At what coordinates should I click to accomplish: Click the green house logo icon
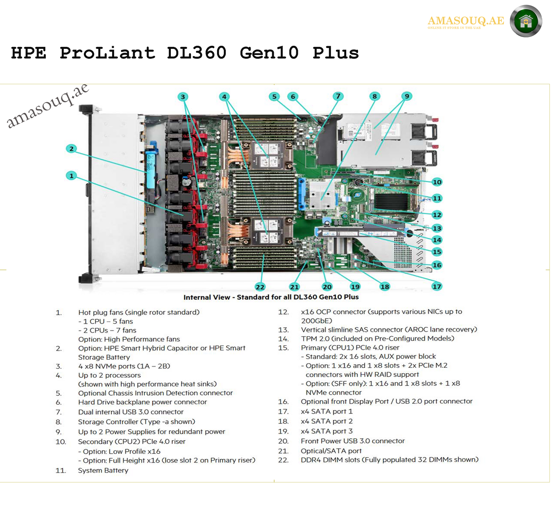[x=526, y=21]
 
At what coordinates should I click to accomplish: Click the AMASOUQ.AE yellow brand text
[x=466, y=21]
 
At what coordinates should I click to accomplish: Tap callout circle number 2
[x=71, y=149]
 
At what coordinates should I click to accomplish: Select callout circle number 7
[x=338, y=96]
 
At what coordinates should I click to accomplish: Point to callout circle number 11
[x=437, y=198]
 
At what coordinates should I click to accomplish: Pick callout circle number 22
[x=260, y=287]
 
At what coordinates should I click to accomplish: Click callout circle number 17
[x=437, y=286]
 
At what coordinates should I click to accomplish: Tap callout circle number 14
[x=437, y=240]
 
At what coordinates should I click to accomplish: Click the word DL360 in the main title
[x=197, y=53]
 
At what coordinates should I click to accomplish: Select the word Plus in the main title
[x=336, y=53]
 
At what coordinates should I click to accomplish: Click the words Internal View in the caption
[x=207, y=297]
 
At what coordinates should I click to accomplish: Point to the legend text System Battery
[x=103, y=470]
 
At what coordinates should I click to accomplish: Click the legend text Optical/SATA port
[x=331, y=451]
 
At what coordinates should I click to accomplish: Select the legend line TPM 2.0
[x=377, y=338]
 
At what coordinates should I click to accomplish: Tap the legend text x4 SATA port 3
[x=326, y=431]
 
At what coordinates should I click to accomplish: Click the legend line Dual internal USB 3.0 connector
[x=131, y=412]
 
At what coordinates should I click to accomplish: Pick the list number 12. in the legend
[x=283, y=312]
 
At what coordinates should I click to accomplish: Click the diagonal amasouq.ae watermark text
[x=48, y=106]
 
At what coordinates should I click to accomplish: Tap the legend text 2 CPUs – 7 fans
[x=107, y=330]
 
